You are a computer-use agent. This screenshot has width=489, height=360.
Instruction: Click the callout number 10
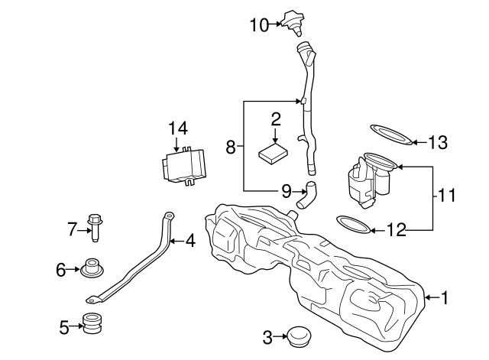coord(258,25)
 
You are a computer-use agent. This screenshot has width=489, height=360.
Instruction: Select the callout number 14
coord(177,128)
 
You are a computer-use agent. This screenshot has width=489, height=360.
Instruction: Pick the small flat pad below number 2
coord(274,151)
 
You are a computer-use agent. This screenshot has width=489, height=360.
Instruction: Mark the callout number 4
coord(189,242)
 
